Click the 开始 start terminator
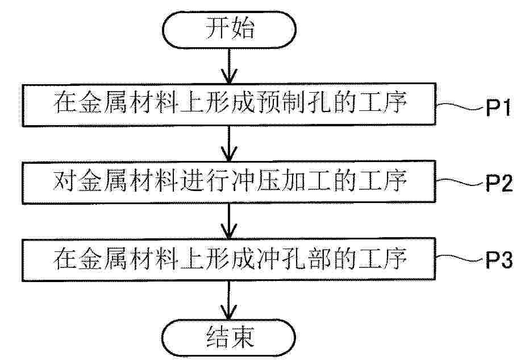229,30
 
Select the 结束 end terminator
229,338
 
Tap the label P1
499,107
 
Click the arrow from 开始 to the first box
229,66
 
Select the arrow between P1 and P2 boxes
229,143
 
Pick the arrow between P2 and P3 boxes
229,221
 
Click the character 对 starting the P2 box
64,180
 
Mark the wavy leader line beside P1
461,106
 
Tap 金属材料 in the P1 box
128,102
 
